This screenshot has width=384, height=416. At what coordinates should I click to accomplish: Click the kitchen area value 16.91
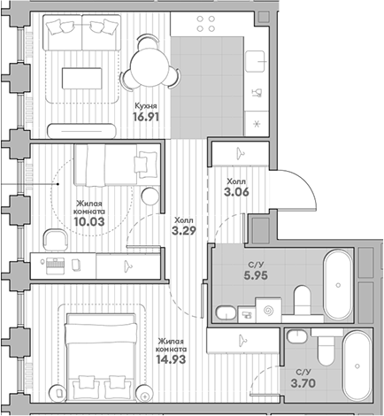coord(146,117)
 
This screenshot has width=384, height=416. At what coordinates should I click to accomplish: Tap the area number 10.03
coord(89,221)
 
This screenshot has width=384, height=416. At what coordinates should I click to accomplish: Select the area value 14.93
coord(172,359)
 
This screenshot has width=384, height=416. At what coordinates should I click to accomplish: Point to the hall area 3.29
coord(184,230)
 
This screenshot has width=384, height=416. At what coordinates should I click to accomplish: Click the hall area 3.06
coord(236,192)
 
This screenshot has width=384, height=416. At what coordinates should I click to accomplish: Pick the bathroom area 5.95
coord(256,275)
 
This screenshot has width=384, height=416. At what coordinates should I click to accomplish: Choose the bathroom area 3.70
coord(303,383)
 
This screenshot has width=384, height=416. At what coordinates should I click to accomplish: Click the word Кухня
coord(146,105)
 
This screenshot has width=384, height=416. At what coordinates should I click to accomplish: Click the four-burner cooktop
coord(206,24)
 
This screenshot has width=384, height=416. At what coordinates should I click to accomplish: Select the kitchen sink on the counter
coord(255,61)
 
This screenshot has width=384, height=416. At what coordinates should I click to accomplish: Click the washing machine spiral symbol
coord(268,310)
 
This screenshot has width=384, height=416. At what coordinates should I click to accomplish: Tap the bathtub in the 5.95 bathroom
coord(338,285)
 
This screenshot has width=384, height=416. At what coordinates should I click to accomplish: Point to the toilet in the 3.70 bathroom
coord(326,348)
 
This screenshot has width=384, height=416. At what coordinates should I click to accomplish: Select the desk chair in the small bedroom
coord(56,240)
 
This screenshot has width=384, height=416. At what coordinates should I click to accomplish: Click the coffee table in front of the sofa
coord(81,78)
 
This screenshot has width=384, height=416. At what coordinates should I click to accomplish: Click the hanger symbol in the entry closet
coord(241,152)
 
